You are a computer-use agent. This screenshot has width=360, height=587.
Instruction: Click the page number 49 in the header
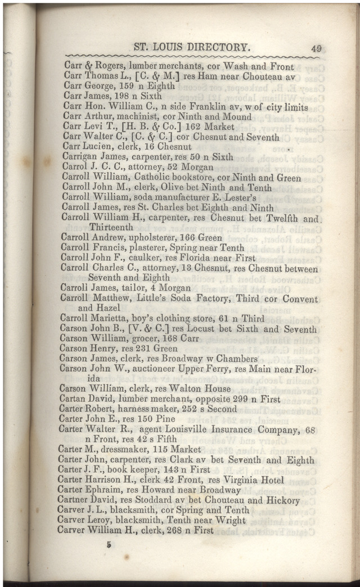[x=316, y=49]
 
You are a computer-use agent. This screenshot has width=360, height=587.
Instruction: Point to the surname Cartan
[x=74, y=399]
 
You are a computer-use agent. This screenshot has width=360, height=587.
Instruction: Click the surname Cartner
[x=75, y=500]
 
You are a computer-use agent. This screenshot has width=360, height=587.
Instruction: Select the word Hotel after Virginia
[x=271, y=480]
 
